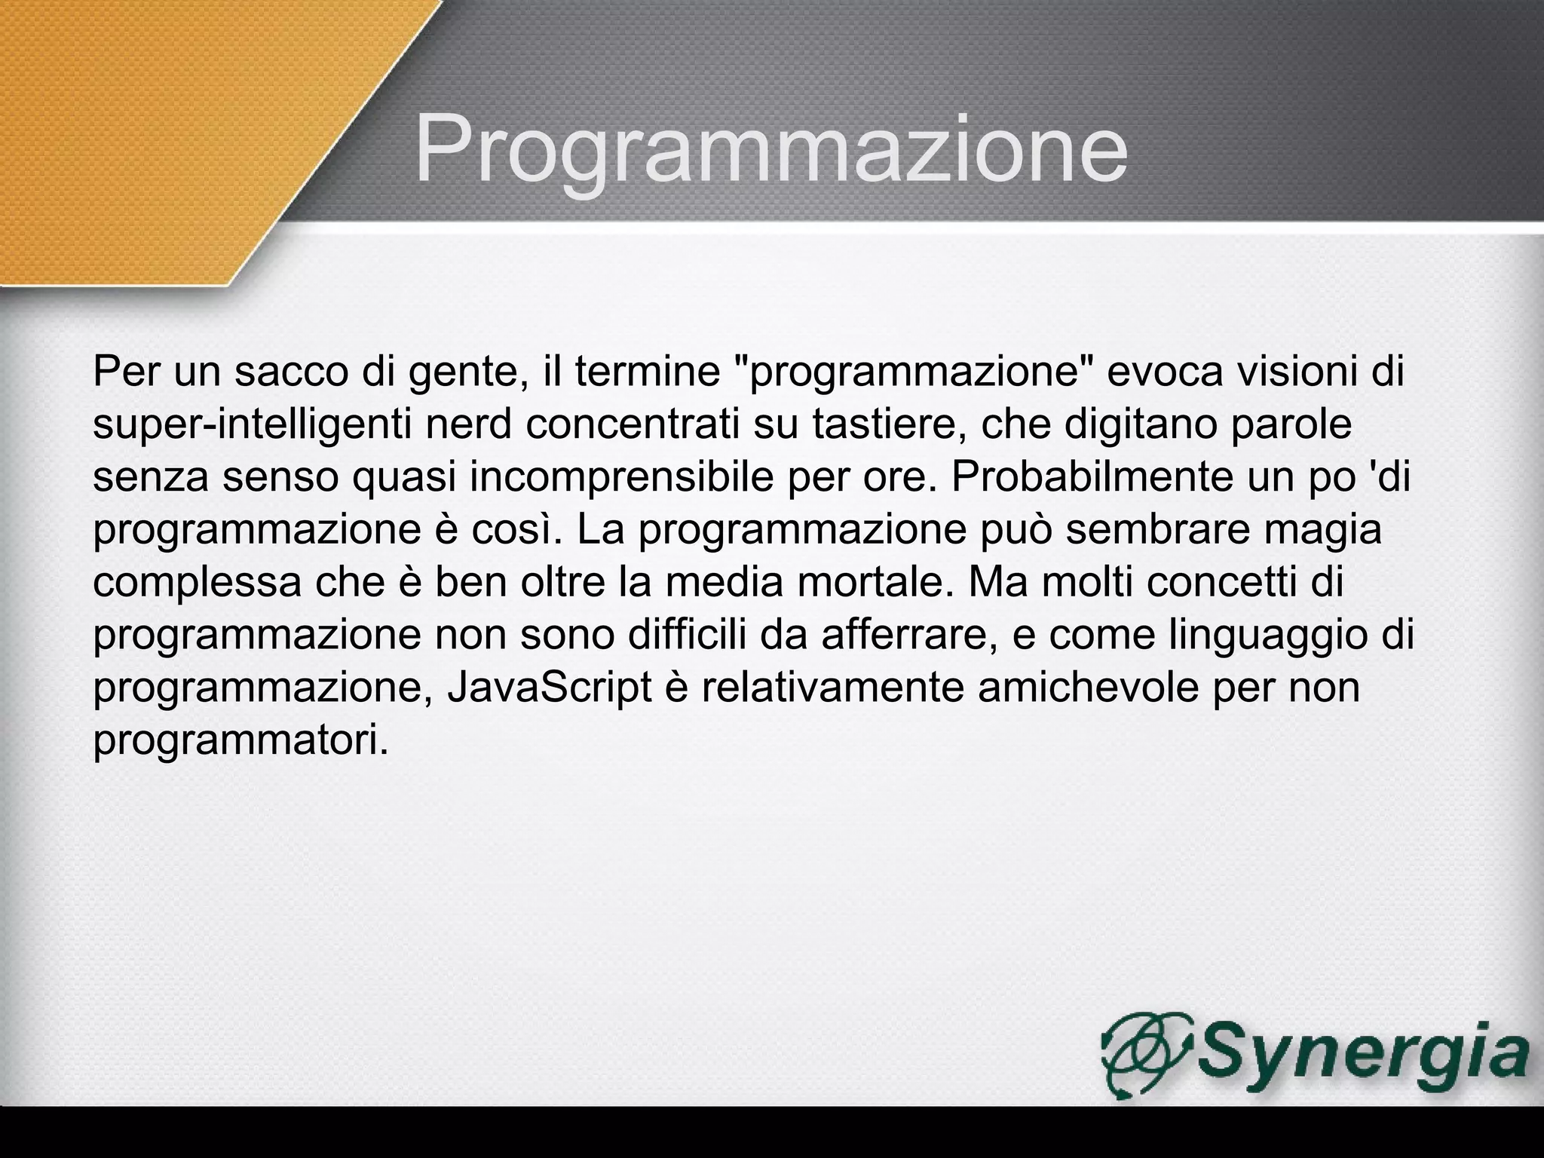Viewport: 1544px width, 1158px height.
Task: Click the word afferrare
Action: point(905,635)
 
